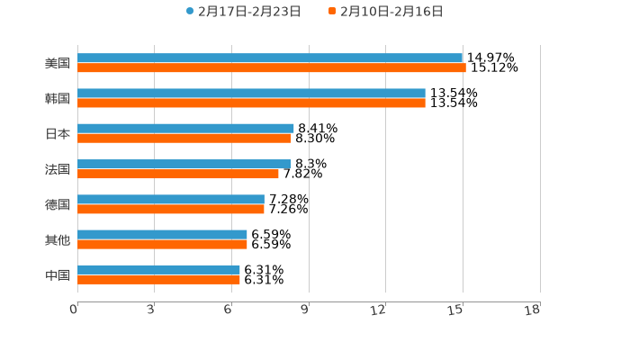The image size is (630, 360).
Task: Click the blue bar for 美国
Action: click(x=270, y=58)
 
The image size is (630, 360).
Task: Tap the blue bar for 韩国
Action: click(x=251, y=94)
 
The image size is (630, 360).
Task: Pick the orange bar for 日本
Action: click(x=184, y=139)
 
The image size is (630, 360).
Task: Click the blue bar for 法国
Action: click(x=184, y=164)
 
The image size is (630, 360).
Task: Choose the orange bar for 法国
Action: click(x=178, y=174)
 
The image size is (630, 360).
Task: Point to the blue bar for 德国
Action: click(x=171, y=199)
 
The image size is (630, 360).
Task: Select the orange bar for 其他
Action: click(x=162, y=244)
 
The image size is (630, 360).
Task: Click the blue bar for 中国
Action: click(x=158, y=269)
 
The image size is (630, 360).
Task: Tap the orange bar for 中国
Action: click(x=158, y=279)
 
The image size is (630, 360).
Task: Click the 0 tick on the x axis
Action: click(x=74, y=310)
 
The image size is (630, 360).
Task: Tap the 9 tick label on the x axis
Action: click(x=304, y=310)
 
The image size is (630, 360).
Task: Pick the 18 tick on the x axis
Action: click(x=534, y=310)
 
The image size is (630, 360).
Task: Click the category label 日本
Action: click(x=58, y=134)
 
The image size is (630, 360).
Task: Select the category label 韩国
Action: click(x=58, y=98)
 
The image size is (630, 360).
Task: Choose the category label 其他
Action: click(x=58, y=239)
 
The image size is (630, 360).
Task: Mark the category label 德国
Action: click(x=58, y=204)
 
